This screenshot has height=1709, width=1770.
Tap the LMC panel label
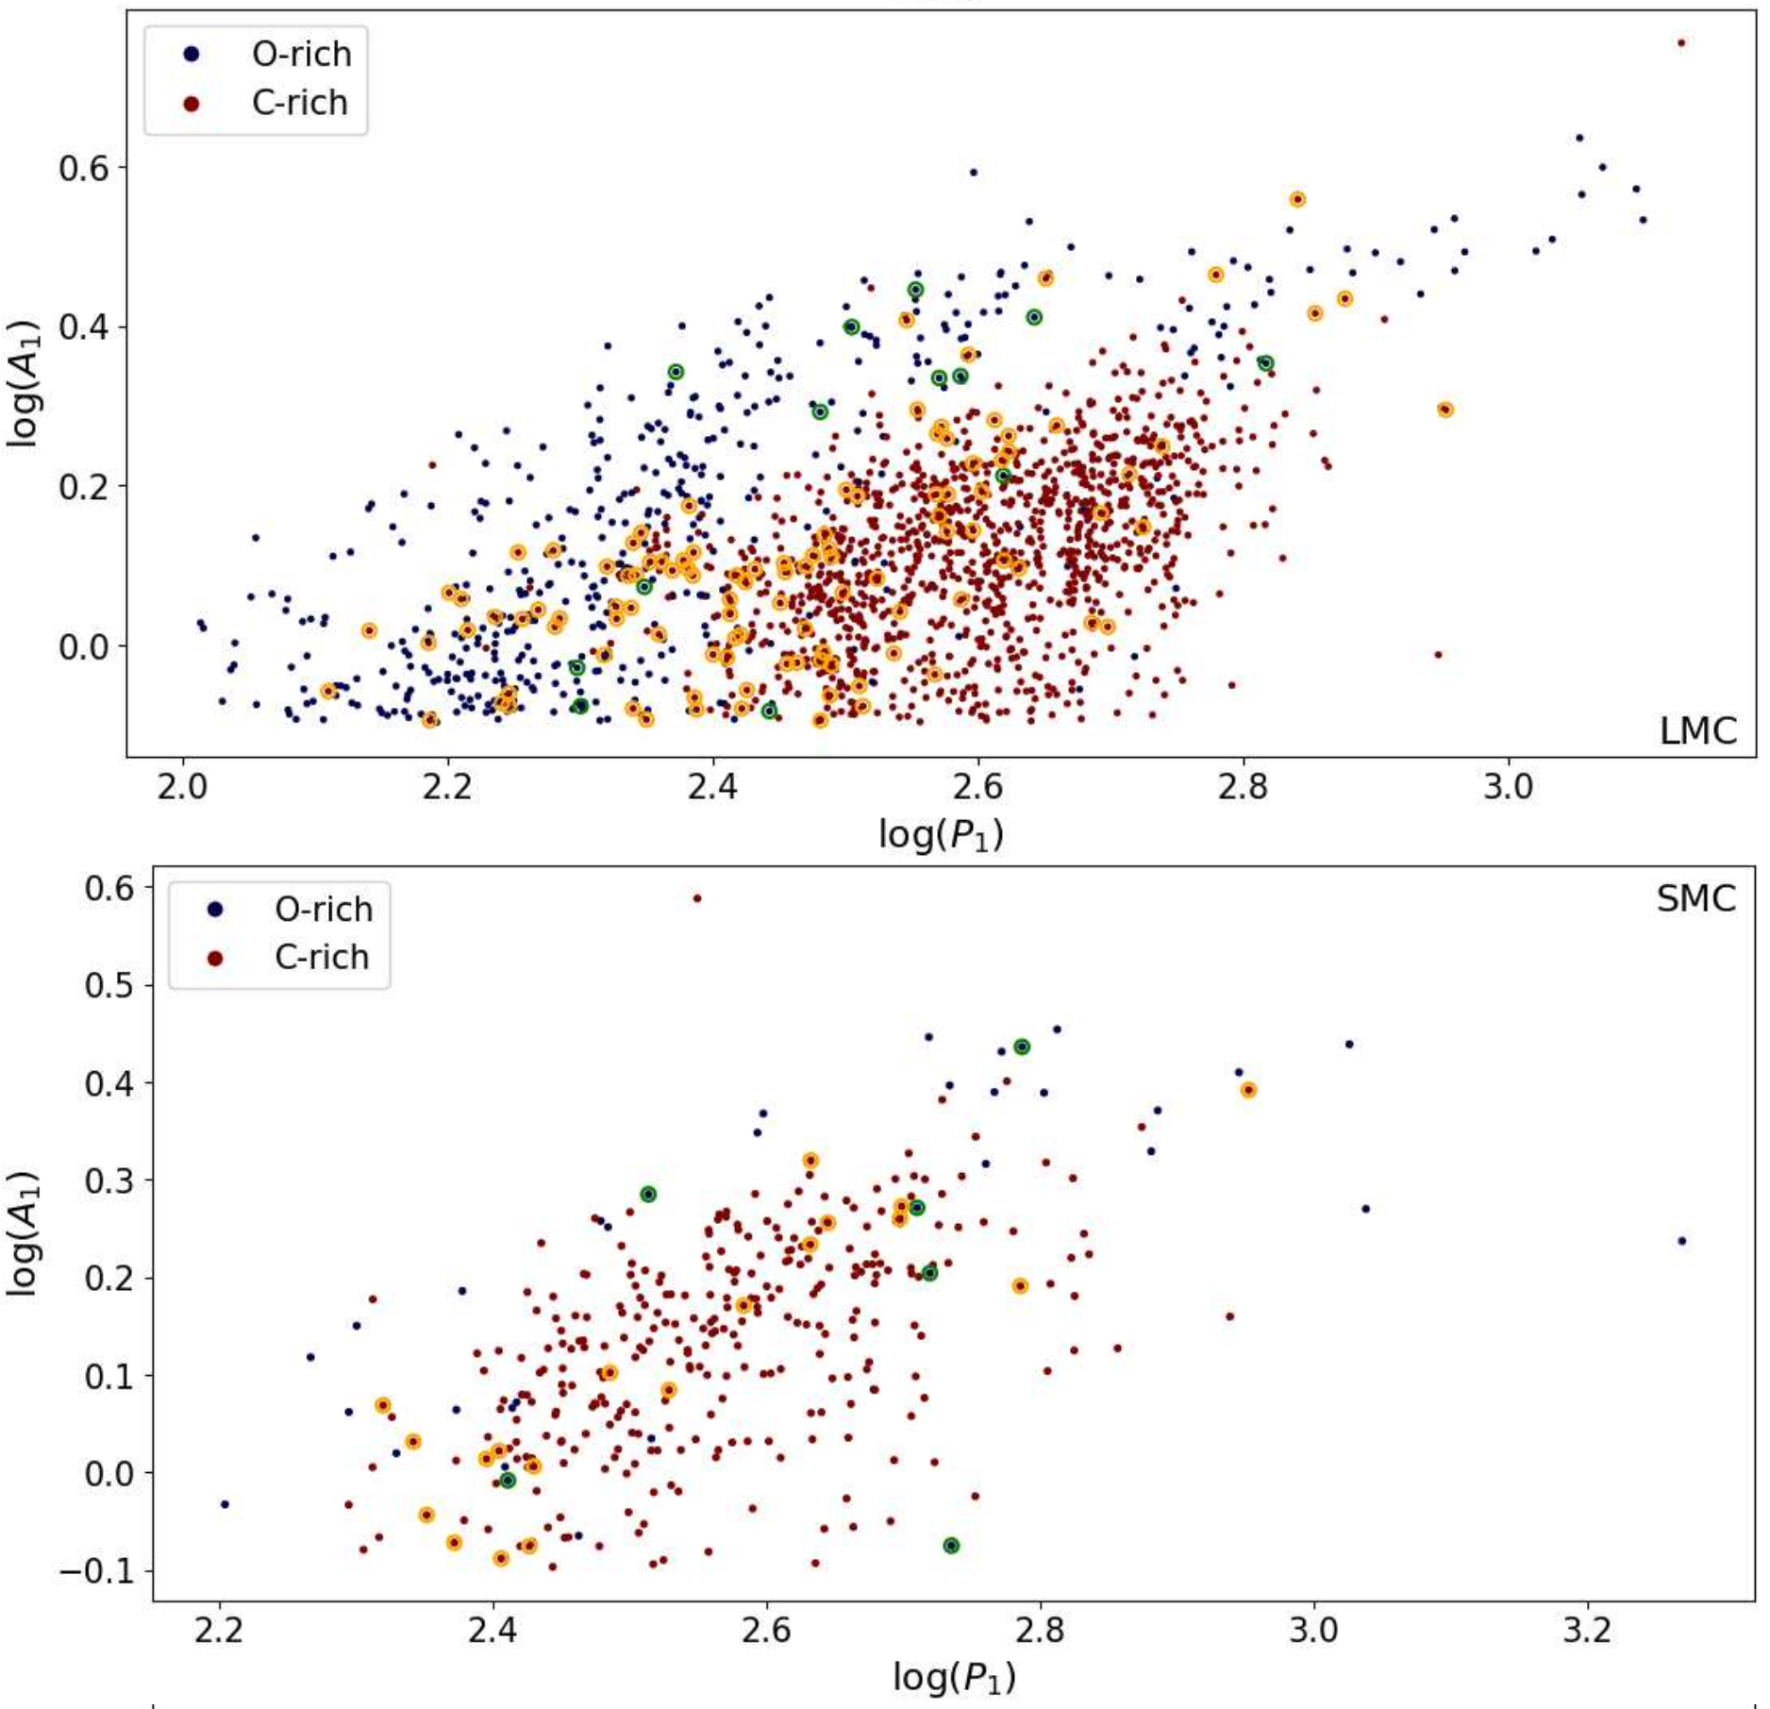pos(1697,731)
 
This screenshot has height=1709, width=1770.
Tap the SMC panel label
pos(1695,898)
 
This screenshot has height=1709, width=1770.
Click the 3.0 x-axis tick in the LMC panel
pos(1508,786)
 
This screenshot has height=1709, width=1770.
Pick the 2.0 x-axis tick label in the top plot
pos(182,786)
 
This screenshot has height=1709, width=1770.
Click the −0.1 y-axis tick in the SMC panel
pos(97,1571)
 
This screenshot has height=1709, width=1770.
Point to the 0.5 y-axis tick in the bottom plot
pos(109,985)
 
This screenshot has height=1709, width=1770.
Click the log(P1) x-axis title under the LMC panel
pos(941,834)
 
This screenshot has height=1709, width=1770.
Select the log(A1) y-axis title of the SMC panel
pos(23,1233)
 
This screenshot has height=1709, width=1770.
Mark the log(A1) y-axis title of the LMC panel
pos(23,383)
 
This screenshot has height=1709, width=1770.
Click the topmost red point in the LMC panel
pos(1681,43)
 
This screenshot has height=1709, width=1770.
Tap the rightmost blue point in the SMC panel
pos(1682,1241)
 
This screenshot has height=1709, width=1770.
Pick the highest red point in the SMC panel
pos(697,898)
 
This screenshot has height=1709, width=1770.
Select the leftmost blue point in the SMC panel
pos(225,1504)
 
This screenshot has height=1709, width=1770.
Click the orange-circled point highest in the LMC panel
pos(1297,200)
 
